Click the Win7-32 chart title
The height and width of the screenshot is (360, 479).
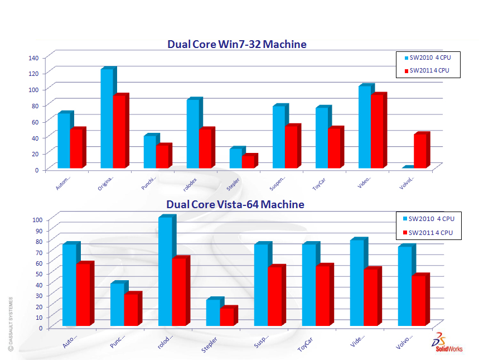pyautogui.click(x=237, y=44)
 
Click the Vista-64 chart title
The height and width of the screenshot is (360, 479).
pyautogui.click(x=235, y=204)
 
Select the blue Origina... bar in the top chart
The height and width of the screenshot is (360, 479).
pyautogui.click(x=107, y=118)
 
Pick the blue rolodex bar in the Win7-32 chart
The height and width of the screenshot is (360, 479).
pyautogui.click(x=192, y=133)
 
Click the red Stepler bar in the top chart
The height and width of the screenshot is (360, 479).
pyautogui.click(x=248, y=161)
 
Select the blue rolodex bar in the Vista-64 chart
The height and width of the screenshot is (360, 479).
pyautogui.click(x=165, y=271)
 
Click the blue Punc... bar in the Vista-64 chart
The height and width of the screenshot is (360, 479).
pyautogui.click(x=117, y=304)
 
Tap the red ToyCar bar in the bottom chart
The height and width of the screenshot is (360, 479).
pyautogui.click(x=322, y=295)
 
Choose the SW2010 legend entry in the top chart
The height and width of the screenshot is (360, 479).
pyautogui.click(x=428, y=57)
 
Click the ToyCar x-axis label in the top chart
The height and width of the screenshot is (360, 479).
pyautogui.click(x=319, y=185)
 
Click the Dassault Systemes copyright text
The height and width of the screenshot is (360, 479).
pyautogui.click(x=9, y=324)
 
